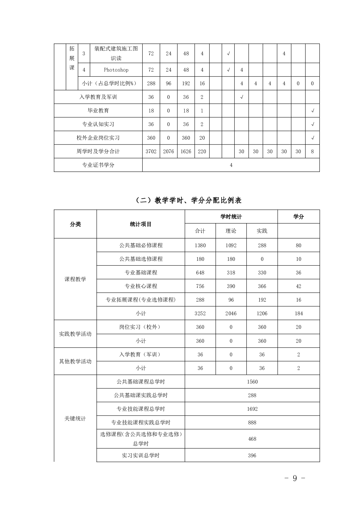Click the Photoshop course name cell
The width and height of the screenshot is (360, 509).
[x=116, y=70]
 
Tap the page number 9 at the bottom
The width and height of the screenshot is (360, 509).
[x=295, y=478]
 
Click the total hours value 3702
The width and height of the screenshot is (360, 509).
[x=151, y=151]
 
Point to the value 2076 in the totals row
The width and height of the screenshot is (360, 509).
[x=168, y=151]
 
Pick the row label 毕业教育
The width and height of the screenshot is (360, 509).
[x=98, y=111]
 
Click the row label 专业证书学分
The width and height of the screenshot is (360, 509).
[x=98, y=165]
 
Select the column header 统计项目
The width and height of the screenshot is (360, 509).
[x=141, y=224]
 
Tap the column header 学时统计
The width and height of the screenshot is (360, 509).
[x=231, y=217]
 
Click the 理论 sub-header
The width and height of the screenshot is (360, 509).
[x=231, y=231]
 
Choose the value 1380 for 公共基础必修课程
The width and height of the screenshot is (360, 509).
[x=200, y=245]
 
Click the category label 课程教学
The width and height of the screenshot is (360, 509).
[x=75, y=279]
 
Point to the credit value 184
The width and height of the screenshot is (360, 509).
[x=299, y=313]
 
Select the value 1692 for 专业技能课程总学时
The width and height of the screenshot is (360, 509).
[x=252, y=409]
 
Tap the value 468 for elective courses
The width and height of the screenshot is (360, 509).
[x=252, y=439]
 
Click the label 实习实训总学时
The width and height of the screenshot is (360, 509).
[x=141, y=456]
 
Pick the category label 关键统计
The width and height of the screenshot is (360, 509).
[x=75, y=419]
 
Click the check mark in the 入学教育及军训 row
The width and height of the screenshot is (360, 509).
[x=242, y=97]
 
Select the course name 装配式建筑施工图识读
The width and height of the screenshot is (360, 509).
[x=116, y=53]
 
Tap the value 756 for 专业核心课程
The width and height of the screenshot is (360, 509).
[x=200, y=286]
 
